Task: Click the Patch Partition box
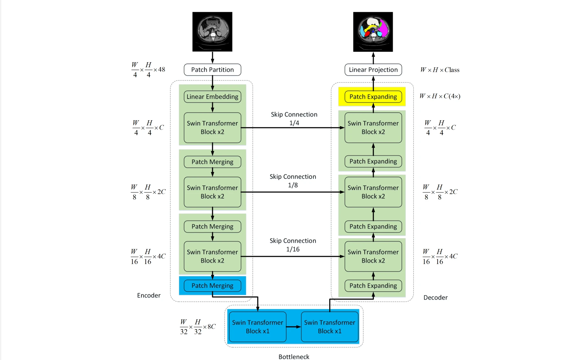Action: click(x=212, y=70)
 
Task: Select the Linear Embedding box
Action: click(x=212, y=97)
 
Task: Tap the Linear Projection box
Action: click(x=373, y=70)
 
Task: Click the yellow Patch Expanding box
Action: click(x=373, y=97)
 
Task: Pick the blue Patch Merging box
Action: click(x=212, y=286)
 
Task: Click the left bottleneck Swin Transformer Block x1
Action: click(x=257, y=327)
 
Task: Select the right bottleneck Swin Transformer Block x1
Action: click(x=330, y=327)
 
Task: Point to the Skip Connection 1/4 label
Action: click(x=294, y=118)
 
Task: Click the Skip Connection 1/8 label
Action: click(x=293, y=181)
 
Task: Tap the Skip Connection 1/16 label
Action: click(x=293, y=245)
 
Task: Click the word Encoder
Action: click(x=149, y=296)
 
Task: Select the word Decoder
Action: click(x=435, y=297)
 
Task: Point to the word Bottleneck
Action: click(x=294, y=356)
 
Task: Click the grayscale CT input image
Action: click(x=212, y=32)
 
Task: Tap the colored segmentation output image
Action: click(x=373, y=32)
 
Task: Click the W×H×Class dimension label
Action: click(x=440, y=70)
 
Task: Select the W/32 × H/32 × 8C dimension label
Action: click(x=198, y=327)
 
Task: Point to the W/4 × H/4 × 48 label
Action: click(x=148, y=70)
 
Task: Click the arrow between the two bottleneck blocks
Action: click(x=293, y=327)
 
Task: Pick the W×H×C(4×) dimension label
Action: click(x=440, y=96)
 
